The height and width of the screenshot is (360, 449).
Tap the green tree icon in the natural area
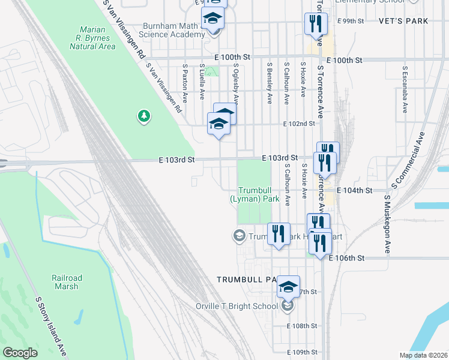click(143, 116)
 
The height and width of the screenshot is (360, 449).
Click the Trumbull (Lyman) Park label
click(255, 194)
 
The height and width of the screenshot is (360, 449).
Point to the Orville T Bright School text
click(238, 306)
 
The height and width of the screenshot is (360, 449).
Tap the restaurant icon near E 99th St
click(316, 23)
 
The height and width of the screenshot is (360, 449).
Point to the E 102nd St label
click(299, 124)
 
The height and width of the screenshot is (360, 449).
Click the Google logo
click(20, 353)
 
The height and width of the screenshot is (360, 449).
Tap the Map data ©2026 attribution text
click(423, 355)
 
